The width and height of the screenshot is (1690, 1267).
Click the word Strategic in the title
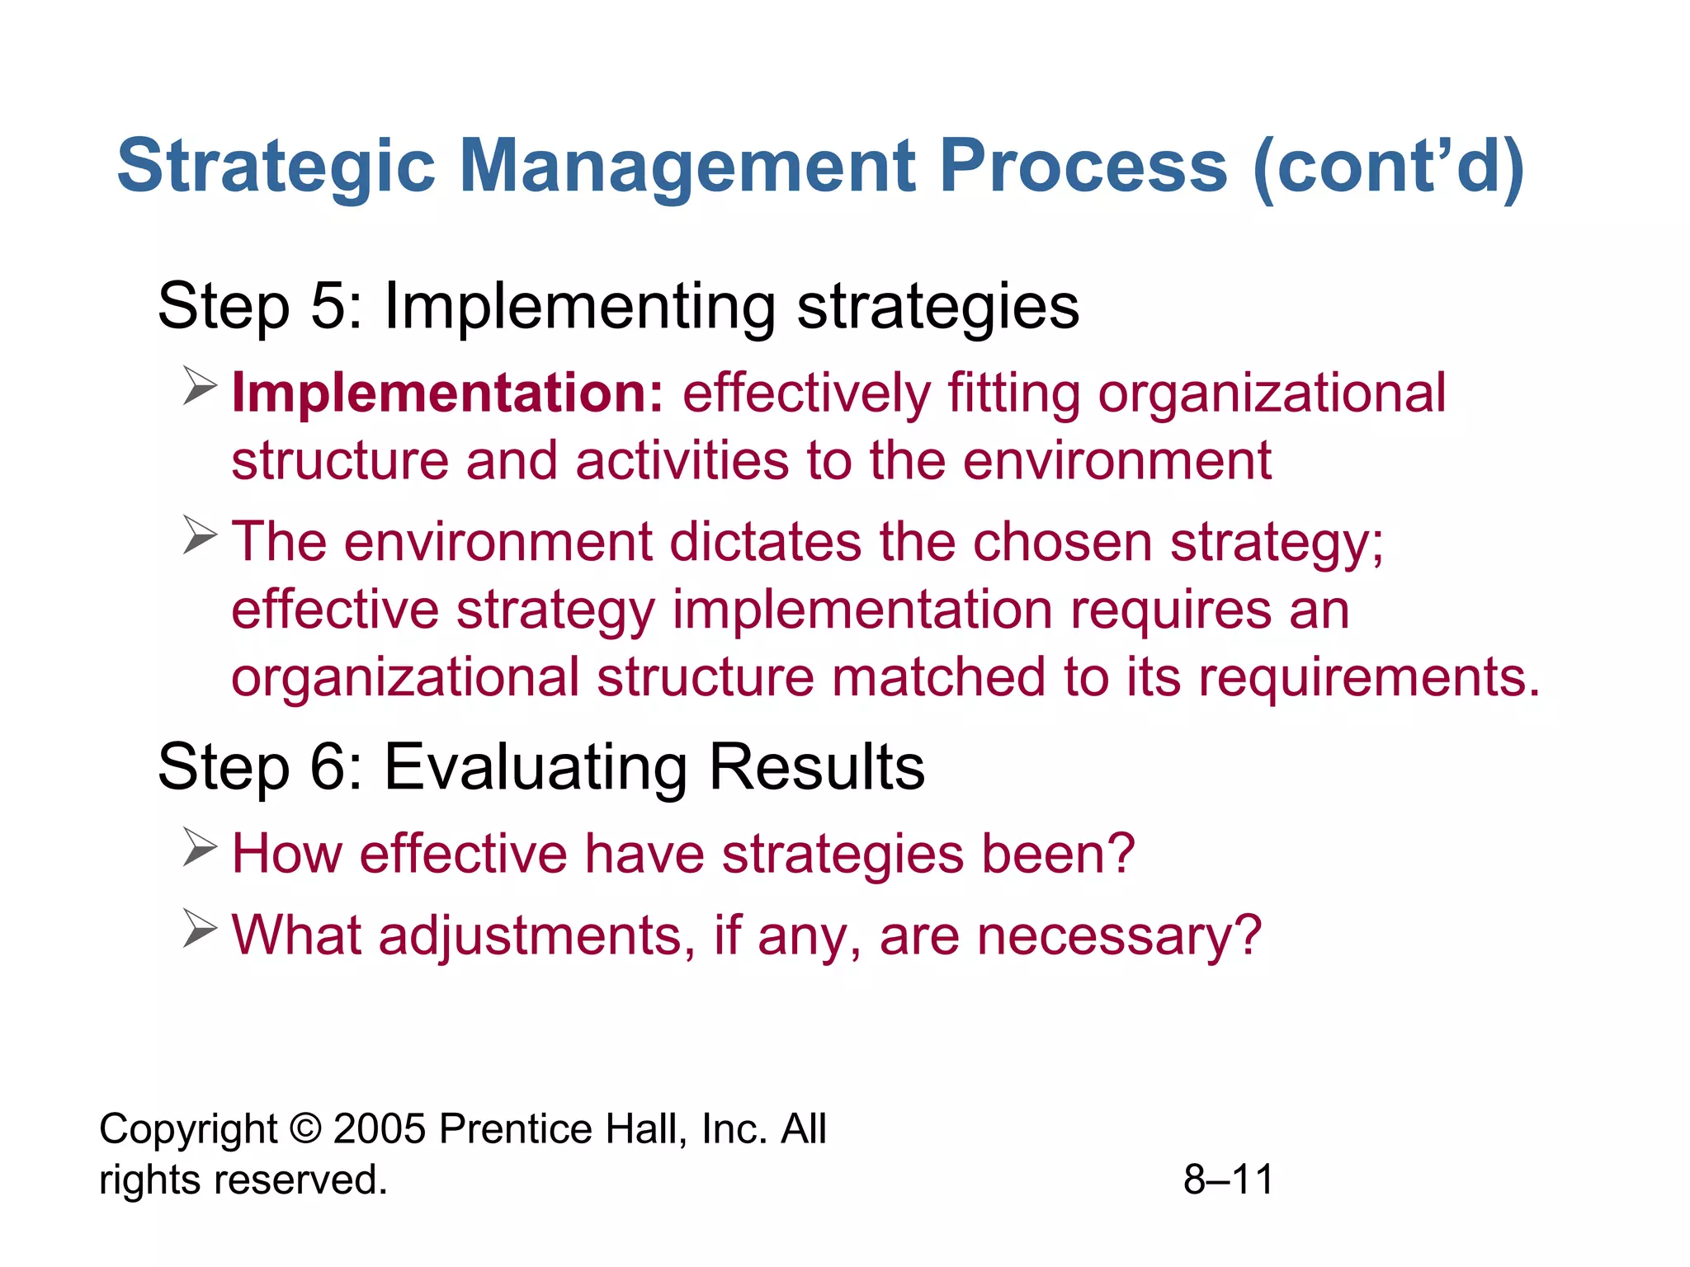click(276, 167)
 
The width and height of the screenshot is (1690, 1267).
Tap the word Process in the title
click(1083, 167)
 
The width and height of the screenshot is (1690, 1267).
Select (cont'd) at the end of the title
click(1388, 167)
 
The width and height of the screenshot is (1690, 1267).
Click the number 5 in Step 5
click(328, 307)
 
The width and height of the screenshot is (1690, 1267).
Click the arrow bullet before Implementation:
click(200, 386)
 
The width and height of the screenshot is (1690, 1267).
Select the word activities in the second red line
click(682, 460)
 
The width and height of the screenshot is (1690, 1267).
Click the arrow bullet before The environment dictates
click(200, 535)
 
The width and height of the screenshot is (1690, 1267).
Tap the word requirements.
click(1368, 677)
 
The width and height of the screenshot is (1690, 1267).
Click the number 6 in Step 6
click(328, 767)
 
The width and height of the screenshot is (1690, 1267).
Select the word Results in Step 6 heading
click(816, 767)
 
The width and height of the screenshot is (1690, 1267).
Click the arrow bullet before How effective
click(200, 846)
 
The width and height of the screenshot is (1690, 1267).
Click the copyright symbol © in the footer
click(305, 1128)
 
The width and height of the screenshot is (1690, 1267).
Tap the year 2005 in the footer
click(380, 1128)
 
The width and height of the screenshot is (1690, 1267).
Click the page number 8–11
click(1228, 1180)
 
